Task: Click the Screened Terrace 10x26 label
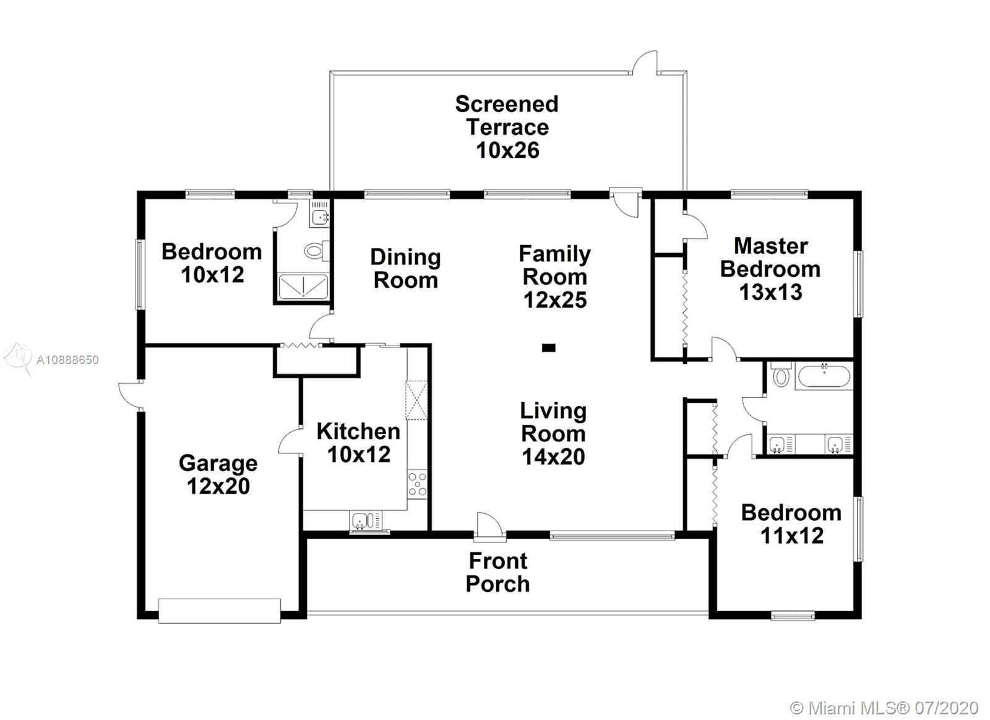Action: [x=507, y=127]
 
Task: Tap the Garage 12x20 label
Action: [x=218, y=475]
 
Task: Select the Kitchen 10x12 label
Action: [x=358, y=443]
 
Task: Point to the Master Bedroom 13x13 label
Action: [x=770, y=269]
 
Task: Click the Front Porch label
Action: [x=497, y=572]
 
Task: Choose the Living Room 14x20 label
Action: [x=553, y=433]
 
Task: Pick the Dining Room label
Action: [x=405, y=269]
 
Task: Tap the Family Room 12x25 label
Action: [x=554, y=276]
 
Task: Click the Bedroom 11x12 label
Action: [x=791, y=524]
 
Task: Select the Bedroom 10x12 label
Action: [x=212, y=263]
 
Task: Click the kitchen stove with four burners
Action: [x=417, y=484]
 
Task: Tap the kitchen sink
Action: [x=366, y=520]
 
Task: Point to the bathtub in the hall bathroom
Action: [x=824, y=376]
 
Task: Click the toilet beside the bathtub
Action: [x=780, y=375]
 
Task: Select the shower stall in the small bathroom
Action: [x=303, y=286]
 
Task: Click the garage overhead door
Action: [x=220, y=611]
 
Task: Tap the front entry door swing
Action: [x=489, y=526]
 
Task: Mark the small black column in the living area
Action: [x=548, y=348]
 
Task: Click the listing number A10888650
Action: [x=67, y=360]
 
